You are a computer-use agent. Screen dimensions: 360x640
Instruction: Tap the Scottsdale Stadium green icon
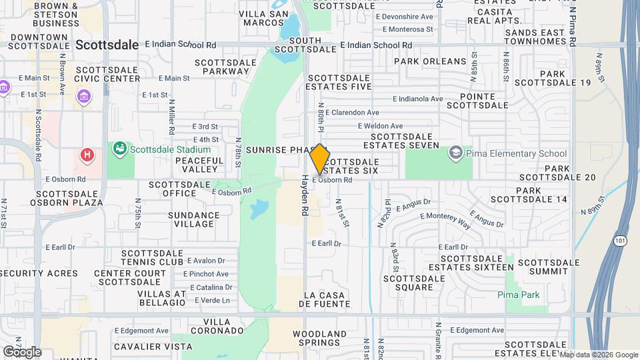pyautogui.click(x=120, y=148)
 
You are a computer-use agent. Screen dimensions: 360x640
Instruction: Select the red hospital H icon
pyautogui.click(x=86, y=156)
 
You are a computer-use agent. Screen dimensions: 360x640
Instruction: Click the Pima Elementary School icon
pyautogui.click(x=456, y=153)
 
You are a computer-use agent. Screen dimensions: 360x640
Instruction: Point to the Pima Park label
pyautogui.click(x=517, y=295)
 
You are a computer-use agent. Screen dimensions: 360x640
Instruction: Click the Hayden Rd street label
pyautogui.click(x=305, y=195)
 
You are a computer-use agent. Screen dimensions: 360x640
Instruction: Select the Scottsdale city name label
pyautogui.click(x=107, y=45)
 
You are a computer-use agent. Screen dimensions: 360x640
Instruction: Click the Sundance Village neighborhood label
pyautogui.click(x=194, y=220)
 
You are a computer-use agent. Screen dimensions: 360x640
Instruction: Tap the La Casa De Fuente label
pyautogui.click(x=325, y=299)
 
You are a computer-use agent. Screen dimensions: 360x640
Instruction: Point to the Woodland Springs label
pyautogui.click(x=320, y=338)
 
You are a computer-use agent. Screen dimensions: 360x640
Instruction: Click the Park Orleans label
pyautogui.click(x=430, y=61)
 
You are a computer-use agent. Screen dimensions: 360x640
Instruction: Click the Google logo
pyautogui.click(x=21, y=351)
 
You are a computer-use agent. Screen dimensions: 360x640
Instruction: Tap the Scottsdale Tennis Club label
pyautogui.click(x=152, y=257)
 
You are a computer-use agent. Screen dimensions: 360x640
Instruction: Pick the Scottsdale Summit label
pyautogui.click(x=549, y=267)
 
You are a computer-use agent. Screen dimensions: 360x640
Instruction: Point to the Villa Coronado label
pyautogui.click(x=215, y=326)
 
